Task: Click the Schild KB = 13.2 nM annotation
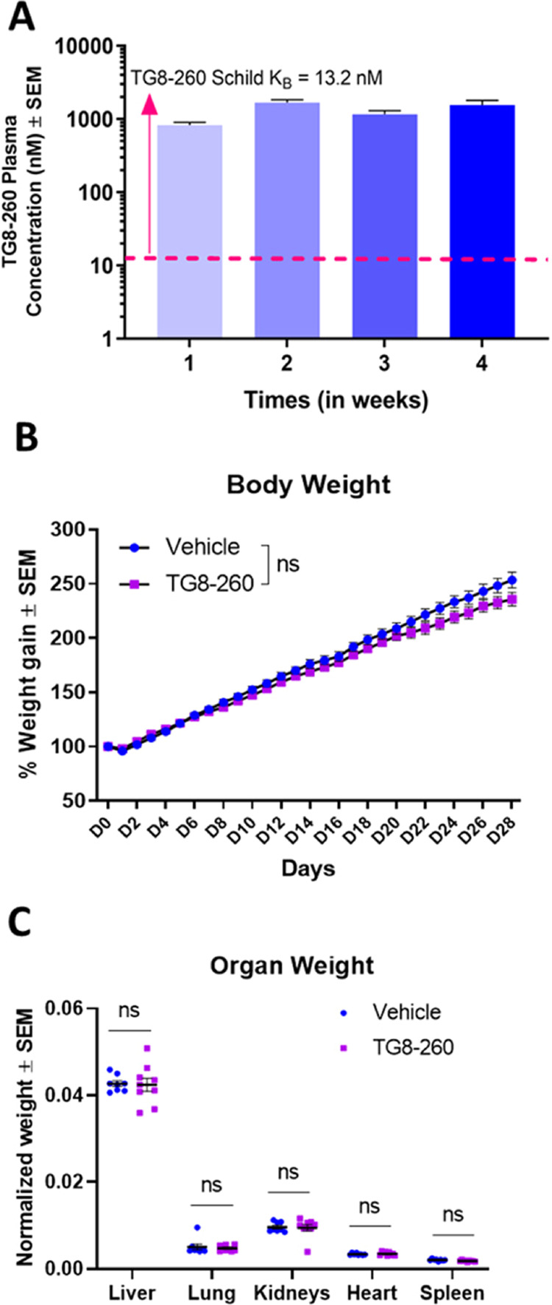coord(257,77)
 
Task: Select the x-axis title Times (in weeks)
coord(336,400)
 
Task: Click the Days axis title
coord(308,868)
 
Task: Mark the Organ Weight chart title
coord(292,965)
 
